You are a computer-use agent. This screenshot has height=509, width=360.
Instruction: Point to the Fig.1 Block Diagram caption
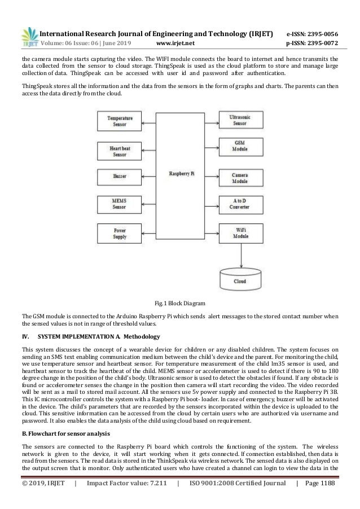tap(179, 303)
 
